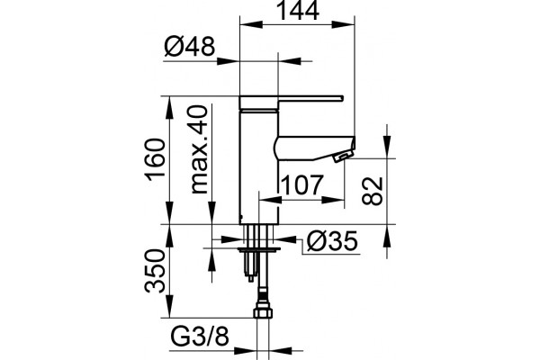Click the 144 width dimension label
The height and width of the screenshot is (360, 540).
tap(298, 10)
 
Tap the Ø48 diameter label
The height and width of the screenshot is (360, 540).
tap(189, 47)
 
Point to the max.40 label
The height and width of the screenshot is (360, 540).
tap(199, 149)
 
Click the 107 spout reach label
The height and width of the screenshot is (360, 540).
tap(302, 185)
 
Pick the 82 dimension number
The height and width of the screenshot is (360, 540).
tap(373, 191)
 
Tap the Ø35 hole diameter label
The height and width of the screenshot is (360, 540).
tap(332, 241)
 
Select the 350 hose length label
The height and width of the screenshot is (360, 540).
tap(156, 271)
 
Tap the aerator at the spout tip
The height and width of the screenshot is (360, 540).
tap(343, 157)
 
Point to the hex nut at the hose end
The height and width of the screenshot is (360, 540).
tap(263, 312)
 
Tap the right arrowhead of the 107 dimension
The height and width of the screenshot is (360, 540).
tap(333, 199)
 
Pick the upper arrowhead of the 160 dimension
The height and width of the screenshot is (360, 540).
tap(169, 108)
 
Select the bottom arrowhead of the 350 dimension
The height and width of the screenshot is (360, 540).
tap(169, 306)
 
